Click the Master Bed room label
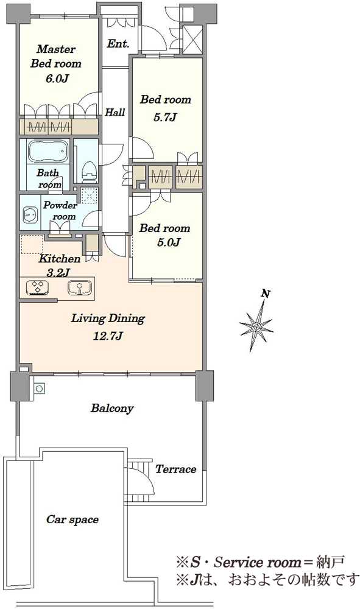(x=56, y=56)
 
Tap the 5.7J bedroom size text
(x=166, y=118)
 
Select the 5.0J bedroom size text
(x=169, y=243)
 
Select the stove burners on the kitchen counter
(x=38, y=287)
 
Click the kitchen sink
(x=80, y=287)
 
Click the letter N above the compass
(x=266, y=294)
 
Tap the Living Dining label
(x=108, y=319)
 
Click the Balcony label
(x=112, y=408)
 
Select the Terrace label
(x=175, y=469)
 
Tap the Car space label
(x=72, y=519)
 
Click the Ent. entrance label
(x=118, y=44)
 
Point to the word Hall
(x=115, y=112)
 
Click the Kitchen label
(x=60, y=259)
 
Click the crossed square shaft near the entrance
(x=192, y=38)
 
